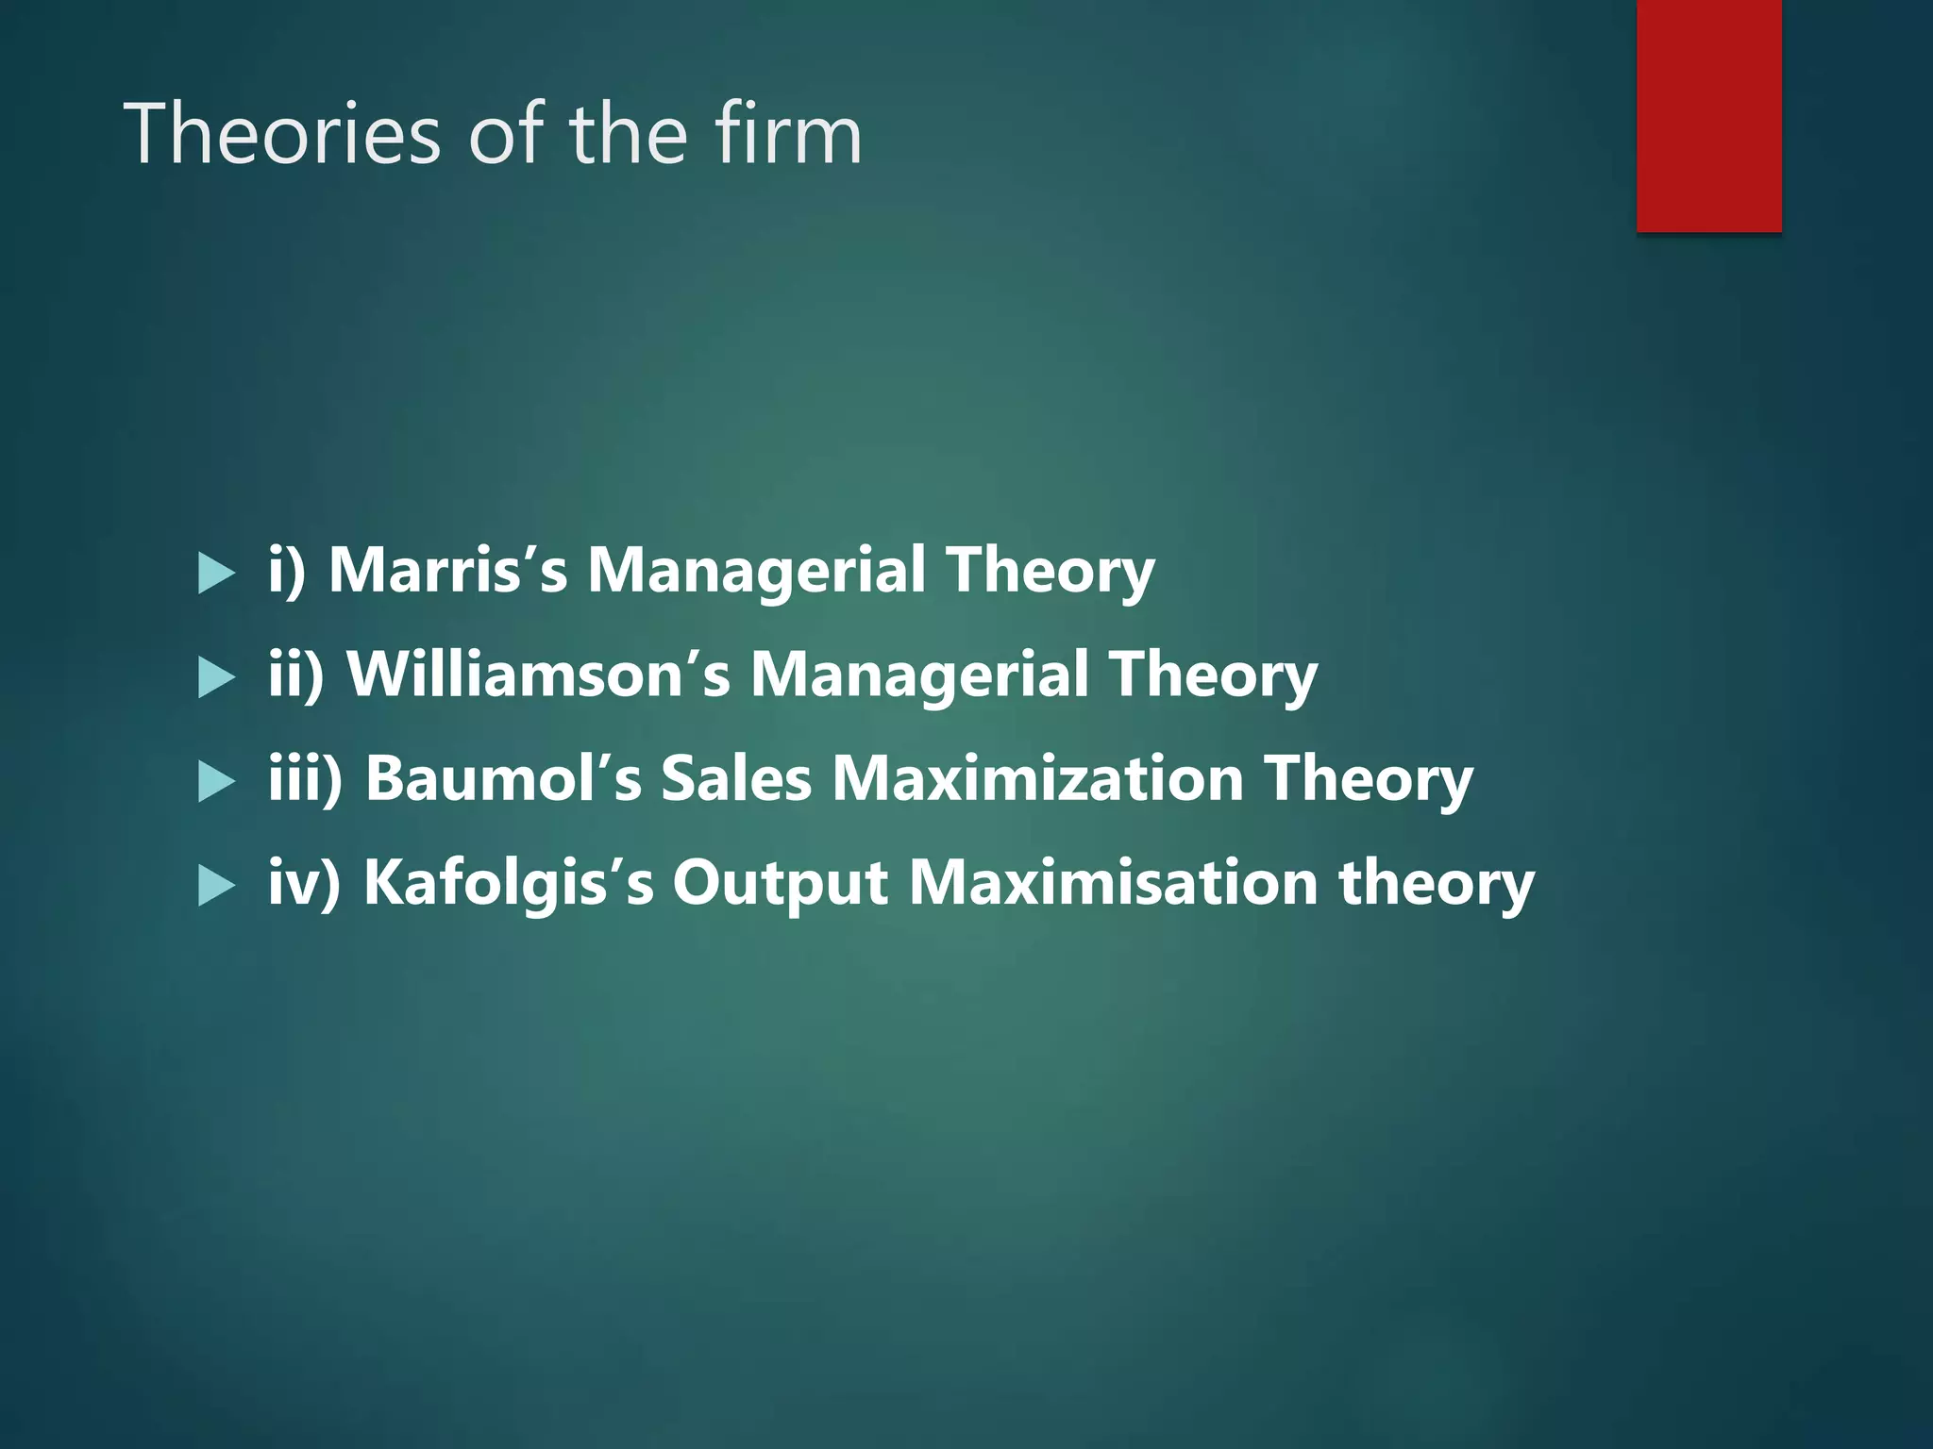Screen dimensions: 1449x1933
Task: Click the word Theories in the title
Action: click(x=281, y=134)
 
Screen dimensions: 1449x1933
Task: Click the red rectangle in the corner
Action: click(x=1708, y=115)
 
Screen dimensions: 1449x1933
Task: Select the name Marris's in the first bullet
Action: click(x=447, y=570)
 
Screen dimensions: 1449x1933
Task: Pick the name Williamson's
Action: click(x=538, y=675)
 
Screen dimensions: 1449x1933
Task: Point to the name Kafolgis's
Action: click(x=508, y=883)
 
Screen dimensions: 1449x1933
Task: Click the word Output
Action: click(x=780, y=883)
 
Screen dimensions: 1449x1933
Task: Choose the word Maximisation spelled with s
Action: click(x=1113, y=883)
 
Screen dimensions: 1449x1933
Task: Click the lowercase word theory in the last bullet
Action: click(x=1436, y=885)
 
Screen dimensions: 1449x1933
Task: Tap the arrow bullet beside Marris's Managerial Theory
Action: click(x=216, y=574)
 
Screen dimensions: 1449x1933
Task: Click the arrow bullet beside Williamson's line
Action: click(x=216, y=677)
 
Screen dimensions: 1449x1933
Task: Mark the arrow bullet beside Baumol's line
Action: click(x=216, y=782)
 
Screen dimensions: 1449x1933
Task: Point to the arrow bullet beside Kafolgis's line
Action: click(x=216, y=886)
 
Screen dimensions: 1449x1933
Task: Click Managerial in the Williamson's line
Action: click(x=919, y=675)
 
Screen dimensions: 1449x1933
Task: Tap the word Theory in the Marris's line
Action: click(x=1050, y=572)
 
